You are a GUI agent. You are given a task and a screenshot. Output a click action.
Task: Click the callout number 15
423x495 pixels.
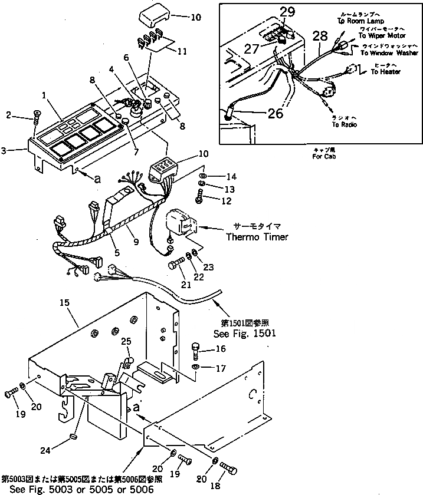pos(64,302)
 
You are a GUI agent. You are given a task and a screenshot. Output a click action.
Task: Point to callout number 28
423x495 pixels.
pos(319,36)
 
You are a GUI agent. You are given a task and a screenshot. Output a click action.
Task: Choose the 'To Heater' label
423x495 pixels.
pos(386,72)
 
